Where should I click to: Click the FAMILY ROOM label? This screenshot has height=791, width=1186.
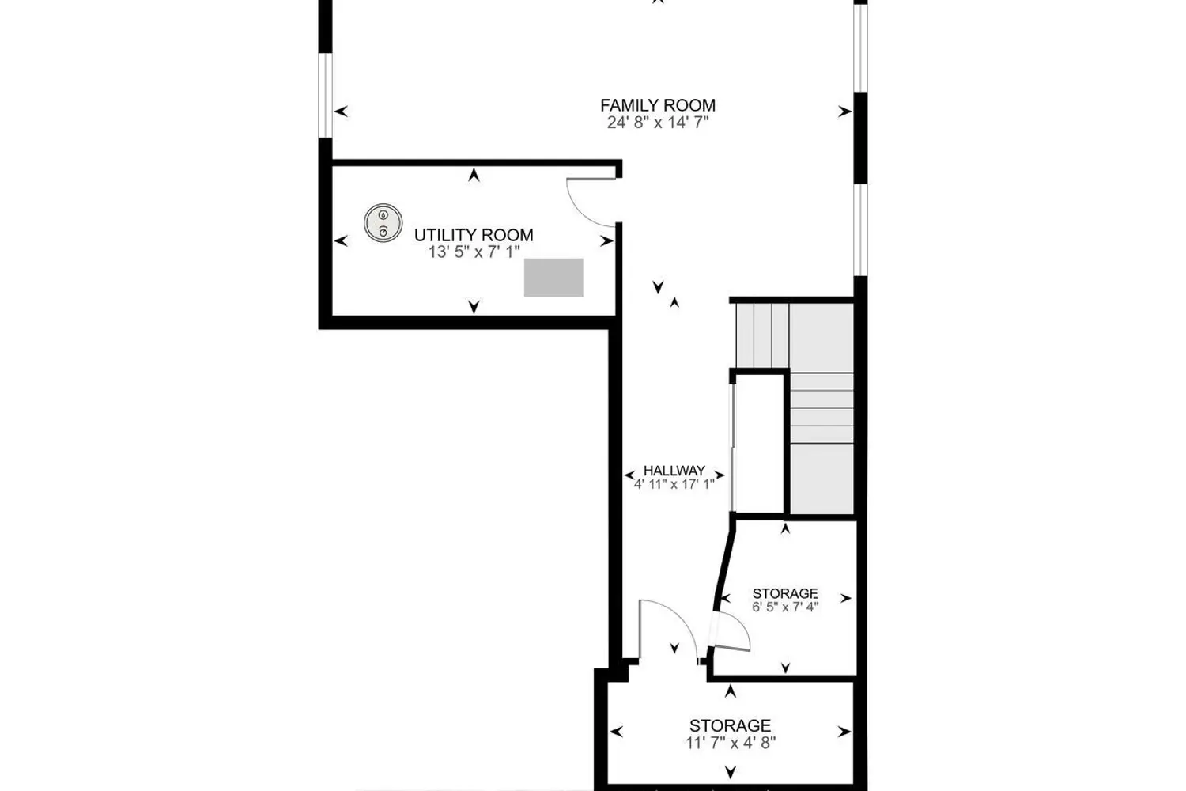(658, 105)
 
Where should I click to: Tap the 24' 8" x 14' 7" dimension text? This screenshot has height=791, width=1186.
(658, 123)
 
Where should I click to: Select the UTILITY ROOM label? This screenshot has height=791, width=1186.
(474, 235)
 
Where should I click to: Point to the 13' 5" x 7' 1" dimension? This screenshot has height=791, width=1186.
(474, 252)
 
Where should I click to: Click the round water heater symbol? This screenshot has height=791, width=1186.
(383, 222)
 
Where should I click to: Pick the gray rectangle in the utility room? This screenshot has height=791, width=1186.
(553, 278)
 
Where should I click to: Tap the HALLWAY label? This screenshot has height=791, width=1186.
(674, 471)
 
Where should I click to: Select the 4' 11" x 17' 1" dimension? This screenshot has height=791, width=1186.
(674, 484)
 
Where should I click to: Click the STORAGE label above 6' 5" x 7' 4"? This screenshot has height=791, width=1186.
(784, 593)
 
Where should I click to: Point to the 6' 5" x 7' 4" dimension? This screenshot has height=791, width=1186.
(784, 607)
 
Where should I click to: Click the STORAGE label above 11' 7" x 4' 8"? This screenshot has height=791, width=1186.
(730, 725)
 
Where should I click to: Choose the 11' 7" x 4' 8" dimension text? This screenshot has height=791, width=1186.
(730, 743)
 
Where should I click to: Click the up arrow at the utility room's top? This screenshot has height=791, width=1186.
(474, 176)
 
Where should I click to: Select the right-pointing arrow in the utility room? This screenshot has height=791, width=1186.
(606, 241)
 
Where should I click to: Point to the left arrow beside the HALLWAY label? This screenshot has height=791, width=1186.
(631, 475)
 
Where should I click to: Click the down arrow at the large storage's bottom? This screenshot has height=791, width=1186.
(731, 771)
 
